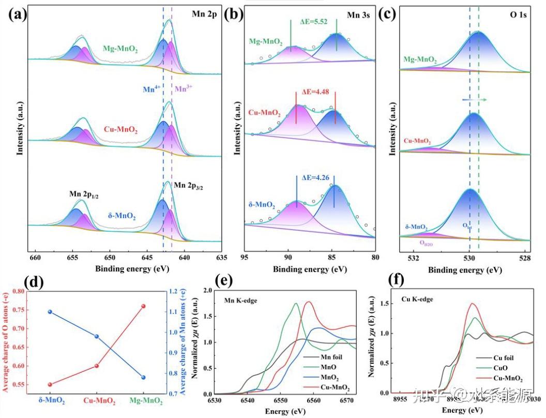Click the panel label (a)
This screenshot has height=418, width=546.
point(17,14)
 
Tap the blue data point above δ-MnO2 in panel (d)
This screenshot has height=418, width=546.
point(50,312)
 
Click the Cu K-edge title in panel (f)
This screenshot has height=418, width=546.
point(417,299)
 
